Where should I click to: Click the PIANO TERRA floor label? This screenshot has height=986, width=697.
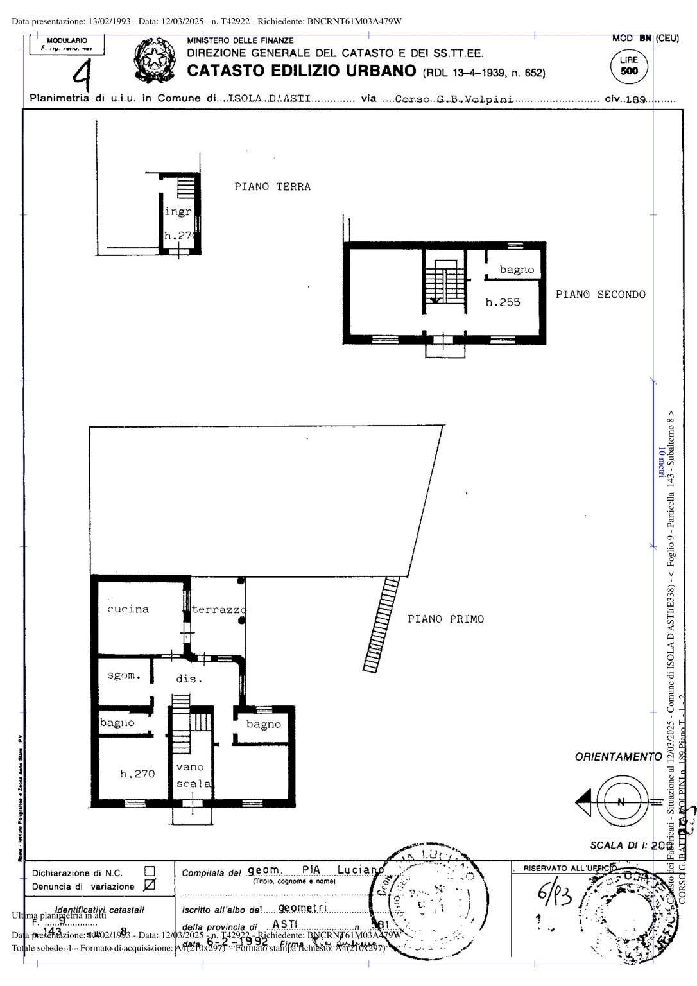point(272,187)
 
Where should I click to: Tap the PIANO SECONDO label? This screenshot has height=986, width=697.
point(600,295)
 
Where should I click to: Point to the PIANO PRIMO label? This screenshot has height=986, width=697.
point(445,619)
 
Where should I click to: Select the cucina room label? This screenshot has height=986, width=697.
point(128,609)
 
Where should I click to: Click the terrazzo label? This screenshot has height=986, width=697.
point(219,610)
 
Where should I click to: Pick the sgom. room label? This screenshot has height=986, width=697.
point(123,675)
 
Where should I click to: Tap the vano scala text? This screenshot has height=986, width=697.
point(193,775)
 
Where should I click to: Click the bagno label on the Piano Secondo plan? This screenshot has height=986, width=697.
point(517,270)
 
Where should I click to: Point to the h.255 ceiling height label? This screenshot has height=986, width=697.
point(503,302)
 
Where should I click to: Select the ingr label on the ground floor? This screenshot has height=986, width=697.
point(178,211)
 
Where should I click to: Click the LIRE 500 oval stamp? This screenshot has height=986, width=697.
point(629,66)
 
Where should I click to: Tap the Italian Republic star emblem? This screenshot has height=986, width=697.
point(154,61)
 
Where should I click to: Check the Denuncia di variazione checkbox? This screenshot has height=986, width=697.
point(150,886)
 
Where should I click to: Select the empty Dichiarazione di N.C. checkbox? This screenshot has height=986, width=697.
point(150,871)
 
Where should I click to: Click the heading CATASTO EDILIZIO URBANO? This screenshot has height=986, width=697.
point(302,71)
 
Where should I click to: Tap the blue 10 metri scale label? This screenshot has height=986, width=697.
point(661,462)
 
